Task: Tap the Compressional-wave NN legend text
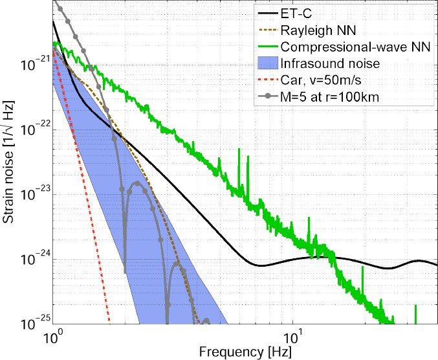click(350, 47)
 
